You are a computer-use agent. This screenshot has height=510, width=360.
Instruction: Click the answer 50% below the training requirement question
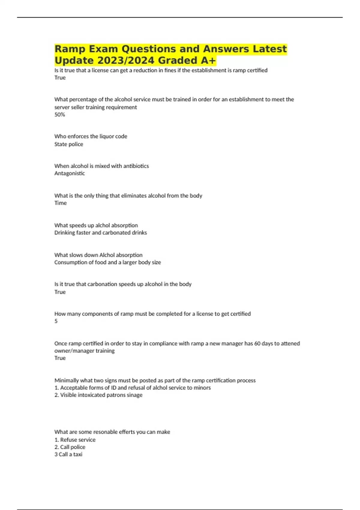click(59, 115)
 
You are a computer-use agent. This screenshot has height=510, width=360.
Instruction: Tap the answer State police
click(69, 144)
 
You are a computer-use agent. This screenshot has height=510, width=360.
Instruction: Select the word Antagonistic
click(70, 173)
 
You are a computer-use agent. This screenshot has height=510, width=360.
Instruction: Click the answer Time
click(60, 203)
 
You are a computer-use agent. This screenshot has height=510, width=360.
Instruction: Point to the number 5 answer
click(56, 321)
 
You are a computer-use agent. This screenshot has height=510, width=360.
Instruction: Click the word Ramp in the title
click(70, 49)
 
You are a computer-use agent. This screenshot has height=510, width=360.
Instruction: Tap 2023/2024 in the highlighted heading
click(126, 61)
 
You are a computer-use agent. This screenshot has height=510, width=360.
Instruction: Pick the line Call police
click(70, 447)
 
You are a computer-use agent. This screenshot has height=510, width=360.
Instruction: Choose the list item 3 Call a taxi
click(68, 454)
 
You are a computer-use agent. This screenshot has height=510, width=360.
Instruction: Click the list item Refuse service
click(75, 440)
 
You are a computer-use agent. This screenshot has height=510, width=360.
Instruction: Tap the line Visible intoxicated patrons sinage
click(98, 395)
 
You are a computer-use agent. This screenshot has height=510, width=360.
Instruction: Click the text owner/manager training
click(84, 351)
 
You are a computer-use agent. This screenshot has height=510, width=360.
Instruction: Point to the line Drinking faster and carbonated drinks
click(100, 233)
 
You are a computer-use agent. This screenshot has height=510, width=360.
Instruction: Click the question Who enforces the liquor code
click(91, 136)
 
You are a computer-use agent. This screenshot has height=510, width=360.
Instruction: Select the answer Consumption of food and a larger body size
click(107, 262)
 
